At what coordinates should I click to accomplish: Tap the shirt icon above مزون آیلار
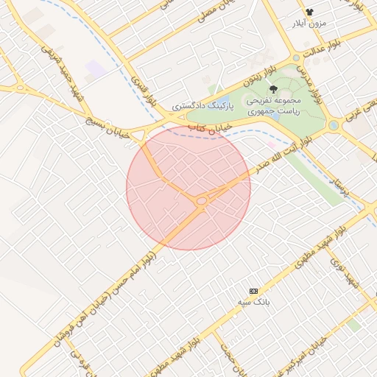click(x=309, y=12)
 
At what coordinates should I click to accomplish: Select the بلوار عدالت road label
click(x=317, y=54)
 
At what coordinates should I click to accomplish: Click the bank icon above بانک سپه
click(x=254, y=292)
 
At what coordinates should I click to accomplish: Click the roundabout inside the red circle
click(x=201, y=200)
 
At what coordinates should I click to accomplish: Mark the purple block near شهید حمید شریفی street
click(x=96, y=71)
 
